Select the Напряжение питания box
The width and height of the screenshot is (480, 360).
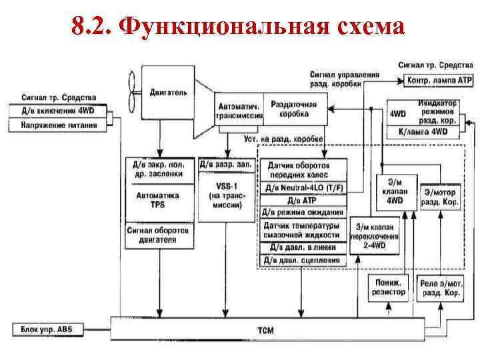tap(59, 124)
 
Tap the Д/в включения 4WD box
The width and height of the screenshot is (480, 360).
tap(59, 111)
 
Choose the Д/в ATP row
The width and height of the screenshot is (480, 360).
tap(303, 200)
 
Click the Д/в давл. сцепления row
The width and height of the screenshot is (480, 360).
tap(303, 260)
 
